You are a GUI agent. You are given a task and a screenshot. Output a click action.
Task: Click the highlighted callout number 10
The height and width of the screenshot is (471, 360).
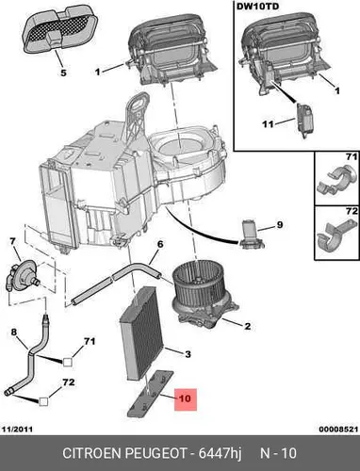pos(185,398)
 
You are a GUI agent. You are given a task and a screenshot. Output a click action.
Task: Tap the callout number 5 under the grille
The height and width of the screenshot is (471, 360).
pos(63,73)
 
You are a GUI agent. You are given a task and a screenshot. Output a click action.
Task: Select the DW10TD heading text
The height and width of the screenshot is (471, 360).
pos(257,7)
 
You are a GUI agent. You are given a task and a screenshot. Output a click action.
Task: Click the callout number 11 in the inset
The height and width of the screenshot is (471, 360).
pos(268,124)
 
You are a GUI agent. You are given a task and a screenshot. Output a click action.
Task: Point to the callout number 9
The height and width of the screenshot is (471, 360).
pos(280,225)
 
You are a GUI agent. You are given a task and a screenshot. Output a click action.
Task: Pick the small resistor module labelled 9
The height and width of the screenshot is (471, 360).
pos(252,235)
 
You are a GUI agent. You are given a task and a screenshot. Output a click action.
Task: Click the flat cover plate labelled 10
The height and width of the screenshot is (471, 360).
pos(151,394)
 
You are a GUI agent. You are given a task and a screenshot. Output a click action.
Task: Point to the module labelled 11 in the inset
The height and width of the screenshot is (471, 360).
pos(304,121)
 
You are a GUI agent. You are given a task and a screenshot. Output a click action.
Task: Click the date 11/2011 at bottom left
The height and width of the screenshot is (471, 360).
pos(17,429)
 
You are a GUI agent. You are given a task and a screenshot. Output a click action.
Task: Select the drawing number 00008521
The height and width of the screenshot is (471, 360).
pos(338,429)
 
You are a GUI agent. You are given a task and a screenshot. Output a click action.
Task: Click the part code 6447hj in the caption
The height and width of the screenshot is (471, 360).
pos(220,453)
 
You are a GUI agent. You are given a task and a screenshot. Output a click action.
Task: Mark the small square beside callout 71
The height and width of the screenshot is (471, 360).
pos(68,362)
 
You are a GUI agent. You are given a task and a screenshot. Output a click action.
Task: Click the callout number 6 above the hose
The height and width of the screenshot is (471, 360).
pos(160,244)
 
